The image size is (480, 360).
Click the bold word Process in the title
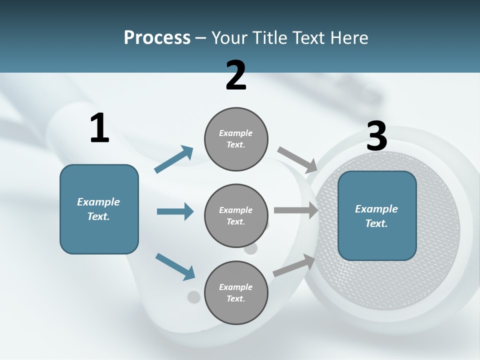coord(157,38)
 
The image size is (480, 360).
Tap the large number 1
coord(99,128)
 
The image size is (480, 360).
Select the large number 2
coord(236,75)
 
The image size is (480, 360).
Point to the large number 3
coord(376,136)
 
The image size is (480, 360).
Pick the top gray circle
coord(236,139)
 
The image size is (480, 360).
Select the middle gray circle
coord(236,215)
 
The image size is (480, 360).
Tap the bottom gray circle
coord(236,292)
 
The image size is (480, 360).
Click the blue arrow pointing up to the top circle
coord(174,159)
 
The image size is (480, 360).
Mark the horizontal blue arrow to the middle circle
coord(175,211)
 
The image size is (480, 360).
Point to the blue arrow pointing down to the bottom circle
coord(175,266)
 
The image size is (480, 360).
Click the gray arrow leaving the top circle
coord(297,159)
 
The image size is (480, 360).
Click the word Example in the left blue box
coord(98,202)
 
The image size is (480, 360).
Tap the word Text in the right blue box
coord(375,223)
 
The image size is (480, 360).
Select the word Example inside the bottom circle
coord(235,287)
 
